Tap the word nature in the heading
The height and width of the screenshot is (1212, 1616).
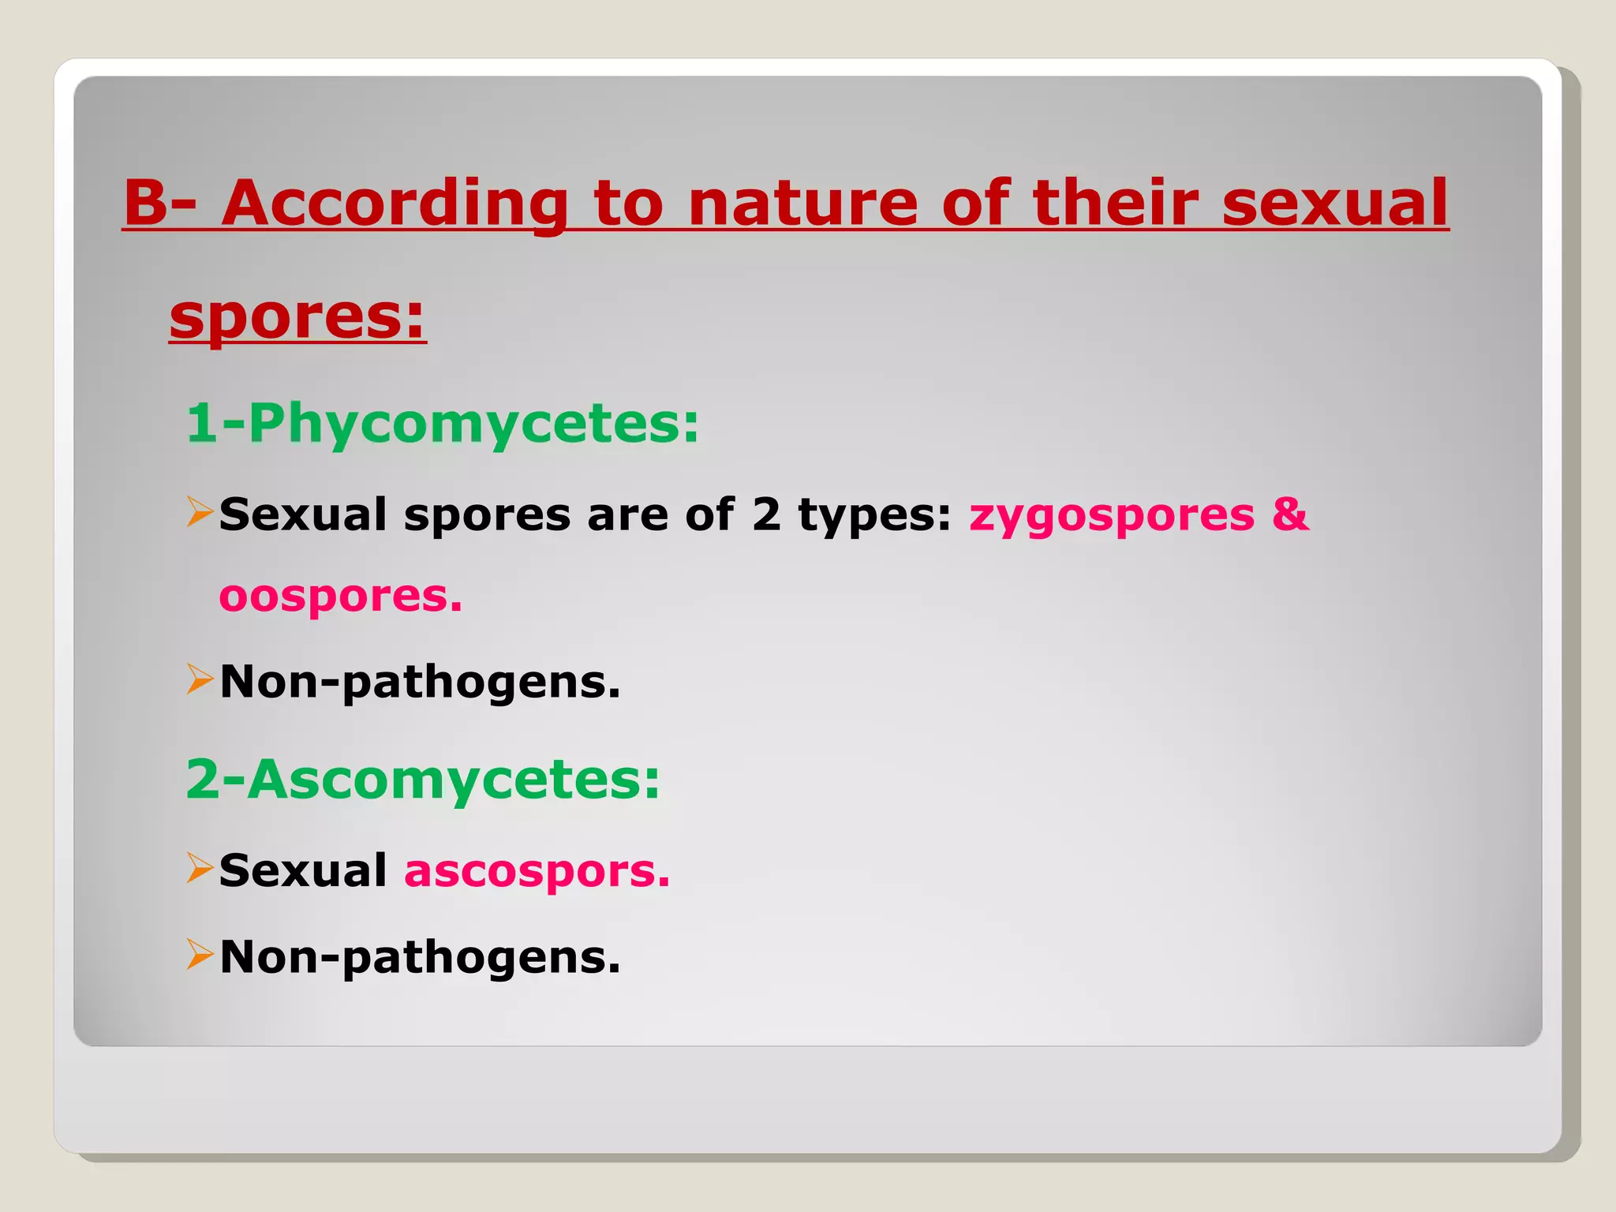pyautogui.click(x=802, y=204)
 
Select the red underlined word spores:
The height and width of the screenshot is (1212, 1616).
pyautogui.click(x=297, y=317)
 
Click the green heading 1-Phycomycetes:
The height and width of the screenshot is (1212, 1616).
pyautogui.click(x=442, y=425)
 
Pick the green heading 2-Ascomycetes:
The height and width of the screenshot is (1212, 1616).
pyautogui.click(x=422, y=780)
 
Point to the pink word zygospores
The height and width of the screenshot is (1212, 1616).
pyautogui.click(x=1112, y=516)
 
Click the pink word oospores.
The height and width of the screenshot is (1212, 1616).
pyautogui.click(x=340, y=597)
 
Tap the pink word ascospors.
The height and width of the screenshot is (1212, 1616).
pyautogui.click(x=537, y=871)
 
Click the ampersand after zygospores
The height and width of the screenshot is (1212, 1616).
pyautogui.click(x=1290, y=514)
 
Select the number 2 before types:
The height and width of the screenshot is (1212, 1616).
pyautogui.click(x=766, y=514)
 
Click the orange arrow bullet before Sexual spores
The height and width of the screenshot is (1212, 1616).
pyautogui.click(x=200, y=512)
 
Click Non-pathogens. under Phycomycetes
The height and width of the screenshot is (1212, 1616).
pyautogui.click(x=420, y=682)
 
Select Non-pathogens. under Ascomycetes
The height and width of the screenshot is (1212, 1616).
pyautogui.click(x=420, y=957)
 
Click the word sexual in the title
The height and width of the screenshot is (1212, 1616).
pyautogui.click(x=1335, y=204)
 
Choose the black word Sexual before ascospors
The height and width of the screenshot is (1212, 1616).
pyautogui.click(x=303, y=871)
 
